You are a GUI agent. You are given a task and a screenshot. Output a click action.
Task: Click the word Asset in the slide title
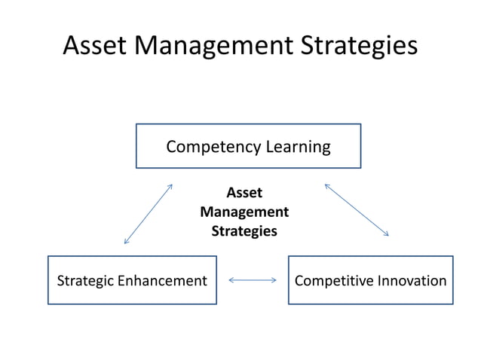click(x=94, y=45)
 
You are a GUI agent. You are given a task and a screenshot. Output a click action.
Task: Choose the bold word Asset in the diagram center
click(x=244, y=194)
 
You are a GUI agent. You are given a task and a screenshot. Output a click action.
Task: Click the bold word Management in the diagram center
click(x=244, y=212)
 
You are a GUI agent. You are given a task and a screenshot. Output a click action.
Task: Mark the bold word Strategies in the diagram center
click(x=244, y=231)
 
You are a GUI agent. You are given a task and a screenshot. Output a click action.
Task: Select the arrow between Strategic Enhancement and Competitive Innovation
click(x=253, y=281)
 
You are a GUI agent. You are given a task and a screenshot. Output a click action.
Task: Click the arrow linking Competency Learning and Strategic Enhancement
click(x=149, y=214)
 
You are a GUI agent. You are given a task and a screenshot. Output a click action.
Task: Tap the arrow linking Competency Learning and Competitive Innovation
click(x=357, y=210)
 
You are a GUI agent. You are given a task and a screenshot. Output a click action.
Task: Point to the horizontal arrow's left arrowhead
click(x=231, y=281)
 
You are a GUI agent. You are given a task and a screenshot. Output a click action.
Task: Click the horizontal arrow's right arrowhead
click(x=274, y=281)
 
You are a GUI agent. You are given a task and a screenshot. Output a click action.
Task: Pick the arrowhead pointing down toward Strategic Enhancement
click(x=126, y=242)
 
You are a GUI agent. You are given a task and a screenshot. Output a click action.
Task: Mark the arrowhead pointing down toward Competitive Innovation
click(x=386, y=234)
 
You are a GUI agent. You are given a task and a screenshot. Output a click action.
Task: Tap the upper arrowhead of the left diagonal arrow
click(x=171, y=185)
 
